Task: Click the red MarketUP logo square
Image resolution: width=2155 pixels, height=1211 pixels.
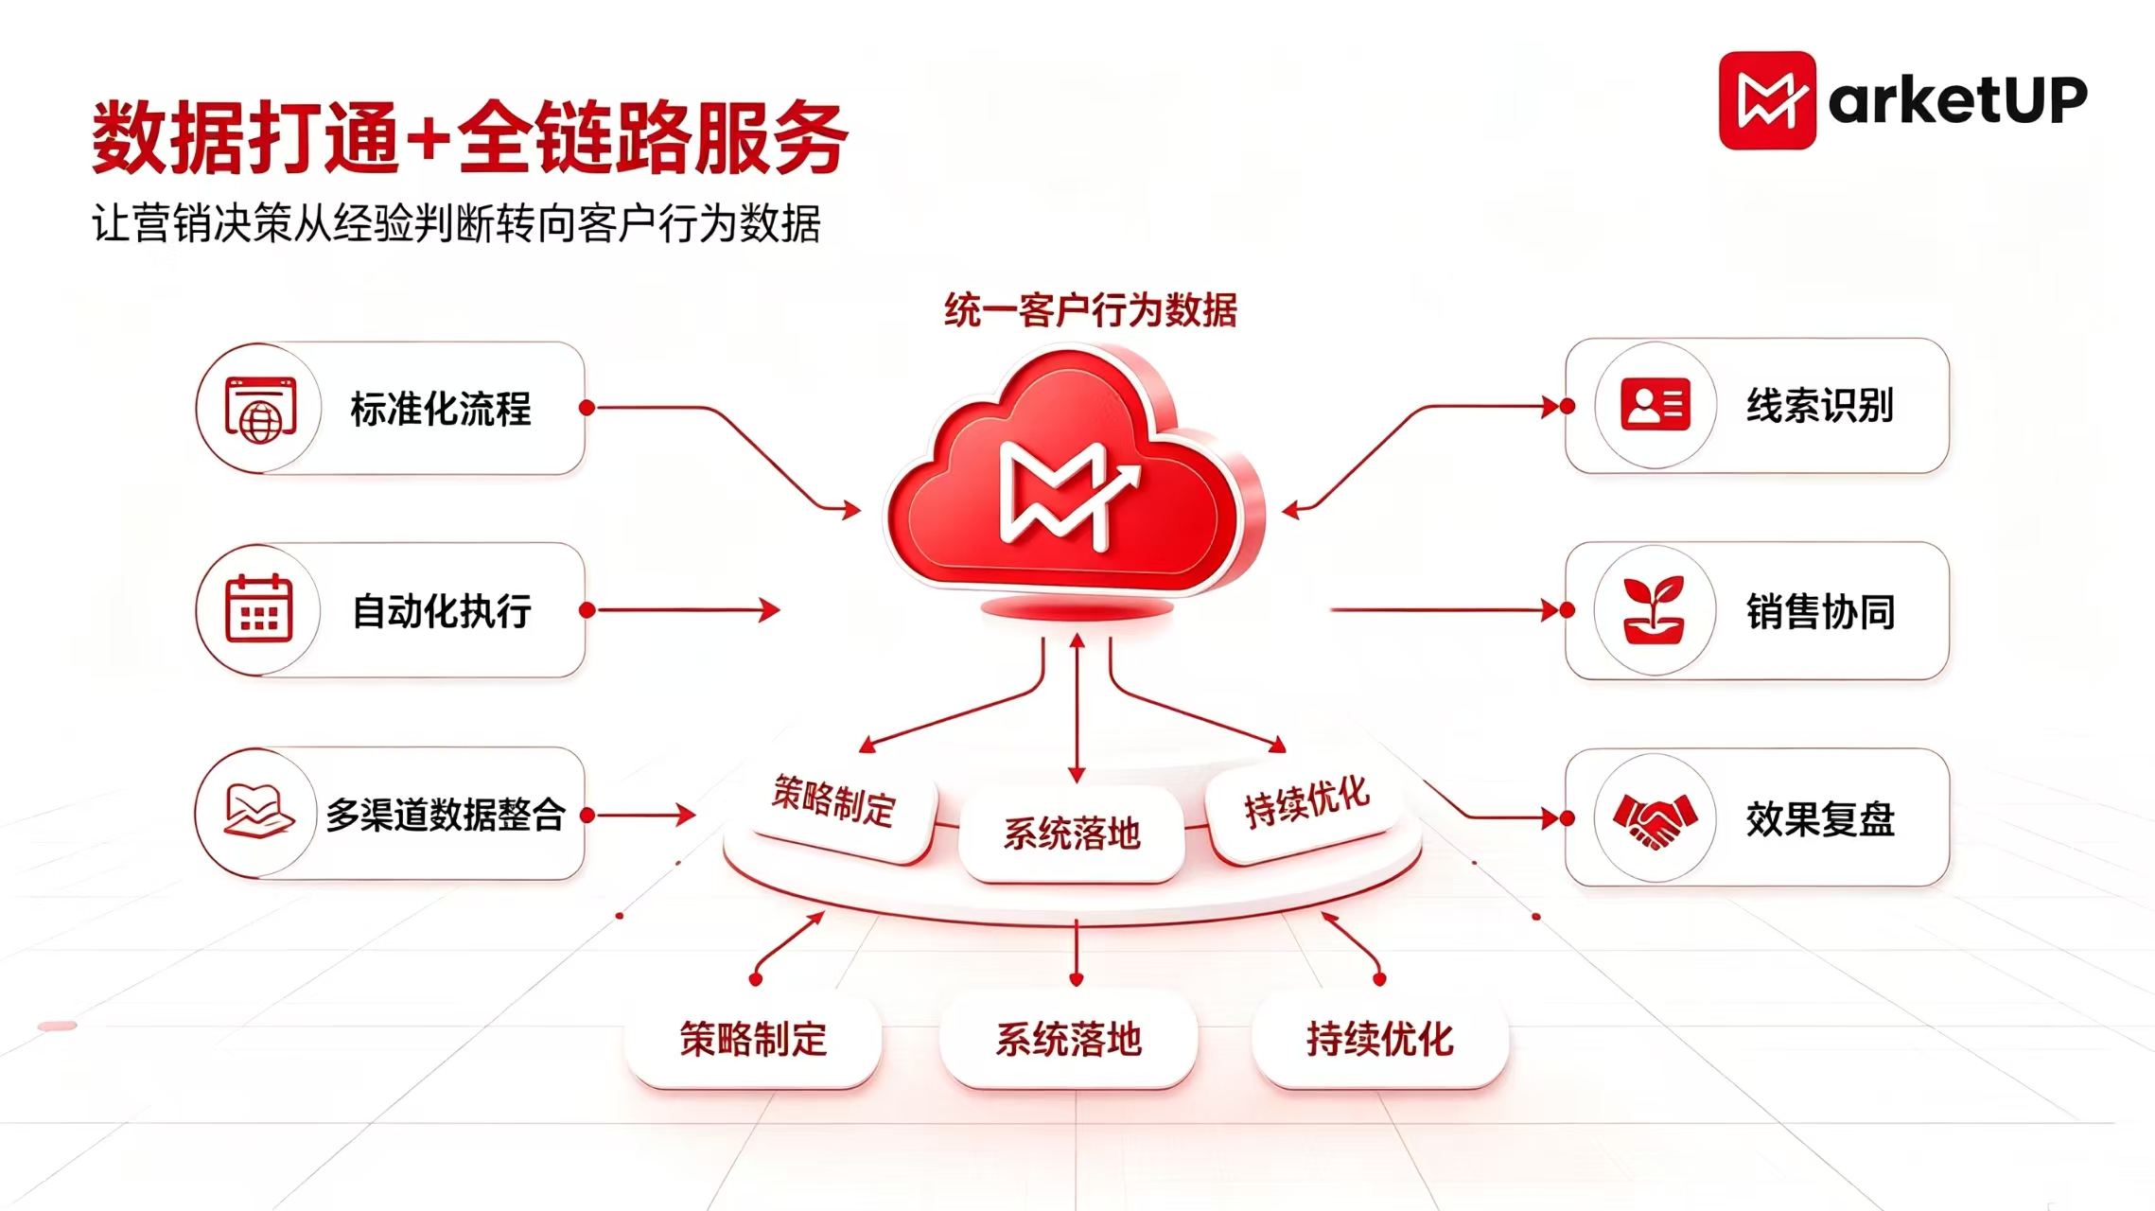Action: pos(1767,100)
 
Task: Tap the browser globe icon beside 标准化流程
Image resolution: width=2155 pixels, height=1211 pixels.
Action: pos(260,410)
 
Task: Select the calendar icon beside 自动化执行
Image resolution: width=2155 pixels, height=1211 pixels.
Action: pos(258,608)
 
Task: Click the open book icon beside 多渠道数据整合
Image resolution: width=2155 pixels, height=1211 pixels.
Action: pos(258,811)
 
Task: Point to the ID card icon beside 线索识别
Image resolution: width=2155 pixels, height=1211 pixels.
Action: pos(1656,405)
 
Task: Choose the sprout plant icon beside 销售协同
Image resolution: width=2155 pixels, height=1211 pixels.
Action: pos(1654,610)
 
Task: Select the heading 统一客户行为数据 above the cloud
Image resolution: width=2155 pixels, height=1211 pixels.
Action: pos(1090,310)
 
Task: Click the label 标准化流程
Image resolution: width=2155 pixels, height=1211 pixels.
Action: pos(441,409)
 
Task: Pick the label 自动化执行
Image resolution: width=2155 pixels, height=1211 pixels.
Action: pos(441,611)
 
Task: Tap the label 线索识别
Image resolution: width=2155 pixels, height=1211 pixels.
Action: pos(1820,406)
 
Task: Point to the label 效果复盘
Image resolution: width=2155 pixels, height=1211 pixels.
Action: pos(1820,818)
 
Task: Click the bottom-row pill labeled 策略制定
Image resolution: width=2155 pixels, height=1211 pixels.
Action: pos(753,1039)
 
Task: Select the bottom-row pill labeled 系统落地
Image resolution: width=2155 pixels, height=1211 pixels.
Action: pos(1068,1039)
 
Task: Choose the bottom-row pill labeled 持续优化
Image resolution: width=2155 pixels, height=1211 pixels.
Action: pos(1379,1039)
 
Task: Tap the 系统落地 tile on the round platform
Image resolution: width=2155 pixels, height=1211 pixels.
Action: pos(1071,834)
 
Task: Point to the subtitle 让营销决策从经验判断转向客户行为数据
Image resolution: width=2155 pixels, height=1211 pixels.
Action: pos(456,224)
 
